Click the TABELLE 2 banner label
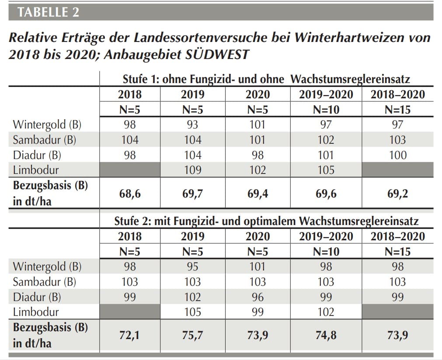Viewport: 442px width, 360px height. (48, 12)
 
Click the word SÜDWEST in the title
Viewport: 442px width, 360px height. (217, 54)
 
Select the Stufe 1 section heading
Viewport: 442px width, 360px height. (266, 79)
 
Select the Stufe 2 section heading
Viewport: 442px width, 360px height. (266, 221)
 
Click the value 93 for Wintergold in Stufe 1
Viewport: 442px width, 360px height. (192, 125)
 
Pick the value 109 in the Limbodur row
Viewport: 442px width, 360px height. (192, 170)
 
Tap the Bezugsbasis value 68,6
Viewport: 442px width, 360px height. (130, 194)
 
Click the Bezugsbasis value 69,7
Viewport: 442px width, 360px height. (192, 194)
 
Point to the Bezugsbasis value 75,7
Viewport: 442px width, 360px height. (192, 335)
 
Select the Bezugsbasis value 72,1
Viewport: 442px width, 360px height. (130, 335)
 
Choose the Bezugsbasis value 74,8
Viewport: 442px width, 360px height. (326, 335)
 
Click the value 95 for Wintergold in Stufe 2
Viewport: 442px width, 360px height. (192, 267)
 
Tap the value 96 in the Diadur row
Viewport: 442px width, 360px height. (258, 297)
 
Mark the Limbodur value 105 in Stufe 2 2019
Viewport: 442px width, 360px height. (192, 312)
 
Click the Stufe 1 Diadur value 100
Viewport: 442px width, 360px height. (398, 155)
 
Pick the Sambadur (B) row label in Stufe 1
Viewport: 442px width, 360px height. (45, 140)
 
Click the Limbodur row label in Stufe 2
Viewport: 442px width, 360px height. (36, 312)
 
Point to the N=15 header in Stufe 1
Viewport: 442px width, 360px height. (398, 110)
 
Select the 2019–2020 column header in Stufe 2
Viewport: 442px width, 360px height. (326, 236)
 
